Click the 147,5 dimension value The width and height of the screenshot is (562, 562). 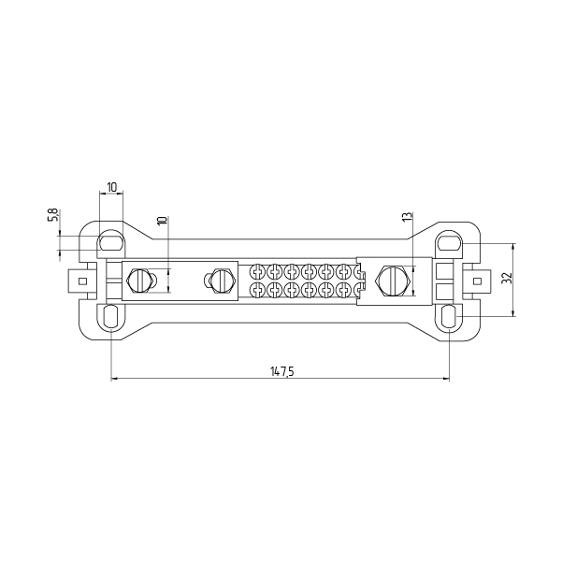tap(282, 371)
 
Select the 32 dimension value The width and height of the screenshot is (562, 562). tap(507, 278)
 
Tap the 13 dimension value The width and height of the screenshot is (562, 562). tap(408, 217)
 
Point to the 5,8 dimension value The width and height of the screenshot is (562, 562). tap(52, 214)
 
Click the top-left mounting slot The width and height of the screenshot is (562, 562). tap(111, 242)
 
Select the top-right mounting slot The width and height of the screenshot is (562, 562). tap(449, 242)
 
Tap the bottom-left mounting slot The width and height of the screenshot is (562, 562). tap(111, 316)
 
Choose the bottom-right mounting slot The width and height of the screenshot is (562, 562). tap(448, 316)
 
